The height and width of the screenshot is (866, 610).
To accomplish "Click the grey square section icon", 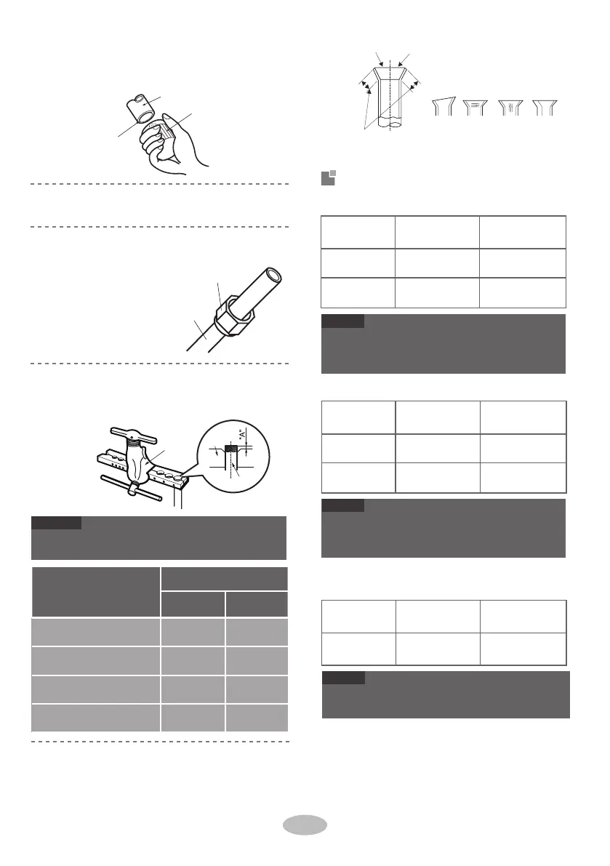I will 328,178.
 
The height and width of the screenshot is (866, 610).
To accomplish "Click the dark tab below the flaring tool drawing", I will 57,523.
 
